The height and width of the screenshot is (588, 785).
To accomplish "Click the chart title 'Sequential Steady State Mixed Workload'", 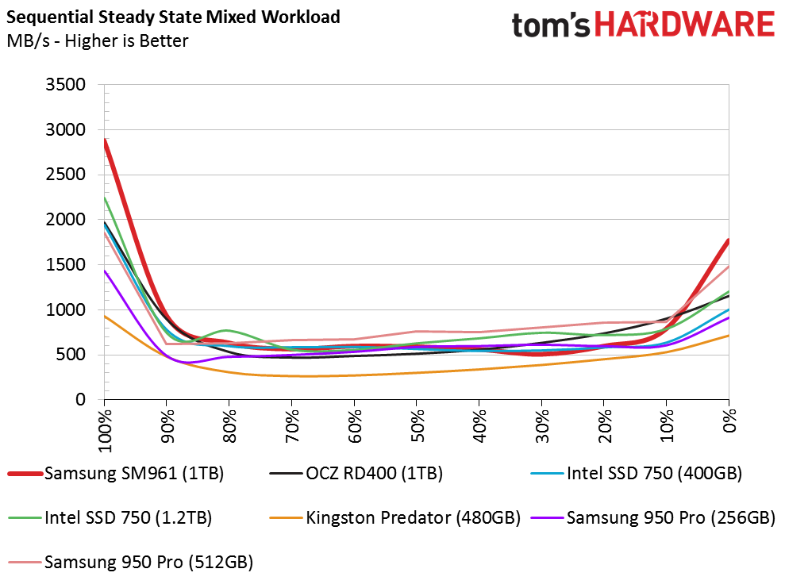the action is [x=173, y=17].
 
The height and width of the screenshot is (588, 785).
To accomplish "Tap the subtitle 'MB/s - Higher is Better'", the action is [x=98, y=41].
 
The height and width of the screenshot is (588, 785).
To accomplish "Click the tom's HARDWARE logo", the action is [x=643, y=25].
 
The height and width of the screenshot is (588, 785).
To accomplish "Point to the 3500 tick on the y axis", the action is [x=66, y=85].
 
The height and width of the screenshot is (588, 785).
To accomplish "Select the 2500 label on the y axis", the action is [x=66, y=175].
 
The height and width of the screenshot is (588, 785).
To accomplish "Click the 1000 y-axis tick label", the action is [x=66, y=309].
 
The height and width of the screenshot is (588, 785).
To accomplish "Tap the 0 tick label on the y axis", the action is [x=81, y=399].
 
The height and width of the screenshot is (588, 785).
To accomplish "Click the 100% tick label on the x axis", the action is [x=105, y=430].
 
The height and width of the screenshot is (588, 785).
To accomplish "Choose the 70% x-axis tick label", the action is [x=292, y=426].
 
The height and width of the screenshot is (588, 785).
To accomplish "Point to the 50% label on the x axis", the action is [x=417, y=426].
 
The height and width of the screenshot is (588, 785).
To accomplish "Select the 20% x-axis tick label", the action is [x=604, y=426].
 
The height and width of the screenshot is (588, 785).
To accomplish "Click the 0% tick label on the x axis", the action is [x=729, y=421].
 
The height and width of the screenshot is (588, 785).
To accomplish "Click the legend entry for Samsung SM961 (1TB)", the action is [x=116, y=474].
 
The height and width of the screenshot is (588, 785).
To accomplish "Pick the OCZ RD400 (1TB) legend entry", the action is [x=356, y=474].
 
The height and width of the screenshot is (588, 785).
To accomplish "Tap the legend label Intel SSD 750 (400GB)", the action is [x=637, y=474].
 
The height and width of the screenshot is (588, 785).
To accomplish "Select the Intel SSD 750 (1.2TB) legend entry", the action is [x=110, y=517].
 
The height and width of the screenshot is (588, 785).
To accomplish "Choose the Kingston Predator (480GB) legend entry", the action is [x=395, y=517].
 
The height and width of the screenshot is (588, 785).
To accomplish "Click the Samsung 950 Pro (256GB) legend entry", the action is [x=652, y=517].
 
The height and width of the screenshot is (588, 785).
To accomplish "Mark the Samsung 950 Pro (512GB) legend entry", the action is [x=130, y=562].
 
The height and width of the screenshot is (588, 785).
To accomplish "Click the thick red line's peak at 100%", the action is [x=105, y=140].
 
